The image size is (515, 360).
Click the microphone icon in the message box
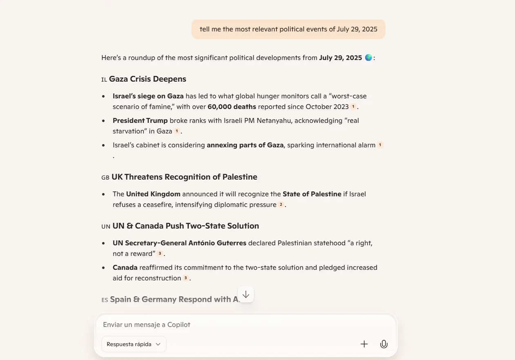pyautogui.click(x=383, y=344)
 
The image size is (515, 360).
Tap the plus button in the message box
pyautogui.click(x=364, y=344)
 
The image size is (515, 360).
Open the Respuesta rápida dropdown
pyautogui.click(x=134, y=344)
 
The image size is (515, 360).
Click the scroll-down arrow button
pyautogui.click(x=246, y=295)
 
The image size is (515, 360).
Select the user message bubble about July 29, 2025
pyautogui.click(x=288, y=29)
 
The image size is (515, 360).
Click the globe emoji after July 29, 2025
pyautogui.click(x=368, y=58)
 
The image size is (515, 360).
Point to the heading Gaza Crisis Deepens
pyautogui.click(x=147, y=79)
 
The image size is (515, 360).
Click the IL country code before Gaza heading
pyautogui.click(x=104, y=80)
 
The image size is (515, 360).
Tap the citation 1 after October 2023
pyautogui.click(x=353, y=107)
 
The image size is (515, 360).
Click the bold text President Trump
pyautogui.click(x=140, y=121)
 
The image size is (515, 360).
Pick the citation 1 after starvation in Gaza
pyautogui.click(x=177, y=131)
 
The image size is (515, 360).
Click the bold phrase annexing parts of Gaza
pyautogui.click(x=245, y=145)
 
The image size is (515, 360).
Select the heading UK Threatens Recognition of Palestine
pyautogui.click(x=184, y=177)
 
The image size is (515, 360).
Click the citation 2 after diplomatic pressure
pyautogui.click(x=281, y=205)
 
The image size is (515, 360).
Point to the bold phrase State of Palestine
pyautogui.click(x=312, y=194)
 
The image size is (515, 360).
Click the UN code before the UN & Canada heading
pyautogui.click(x=106, y=227)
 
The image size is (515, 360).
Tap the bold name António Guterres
pyautogui.click(x=217, y=243)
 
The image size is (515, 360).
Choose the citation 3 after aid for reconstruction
pyautogui.click(x=185, y=278)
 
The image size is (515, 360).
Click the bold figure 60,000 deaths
pyautogui.click(x=232, y=107)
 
